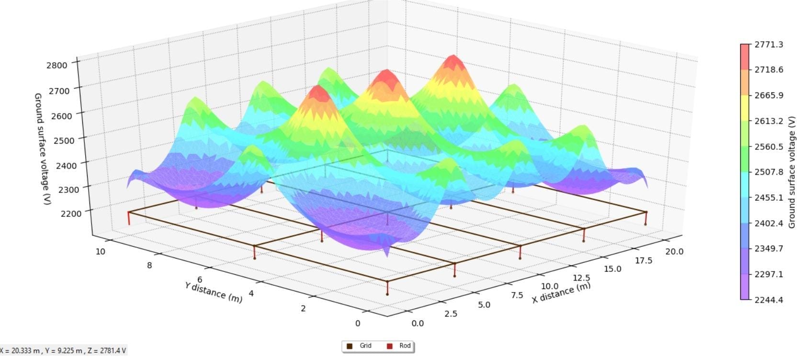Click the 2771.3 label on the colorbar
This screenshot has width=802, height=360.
tap(768, 45)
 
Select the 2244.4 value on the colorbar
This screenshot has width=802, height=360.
tap(768, 300)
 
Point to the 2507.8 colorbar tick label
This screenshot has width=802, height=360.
tap(768, 172)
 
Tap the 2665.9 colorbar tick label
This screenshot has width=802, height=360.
tap(768, 95)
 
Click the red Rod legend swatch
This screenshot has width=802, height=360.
tap(390, 346)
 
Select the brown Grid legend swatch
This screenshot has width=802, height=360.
tap(350, 346)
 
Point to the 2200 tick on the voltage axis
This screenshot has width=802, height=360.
tap(71, 214)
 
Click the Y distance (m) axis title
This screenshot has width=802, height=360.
tap(214, 292)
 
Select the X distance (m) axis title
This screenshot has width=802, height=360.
tap(561, 292)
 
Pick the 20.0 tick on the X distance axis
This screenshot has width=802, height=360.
tap(674, 252)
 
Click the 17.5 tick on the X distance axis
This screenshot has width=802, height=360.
tap(644, 260)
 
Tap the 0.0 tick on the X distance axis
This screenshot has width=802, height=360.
tap(418, 323)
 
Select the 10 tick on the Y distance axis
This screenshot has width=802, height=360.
tap(101, 251)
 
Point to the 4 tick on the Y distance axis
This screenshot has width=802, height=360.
tap(251, 293)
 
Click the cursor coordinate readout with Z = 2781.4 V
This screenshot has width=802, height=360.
tap(63, 351)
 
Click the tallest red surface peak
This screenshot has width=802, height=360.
tap(452, 60)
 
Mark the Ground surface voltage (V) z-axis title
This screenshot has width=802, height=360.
tap(42, 149)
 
